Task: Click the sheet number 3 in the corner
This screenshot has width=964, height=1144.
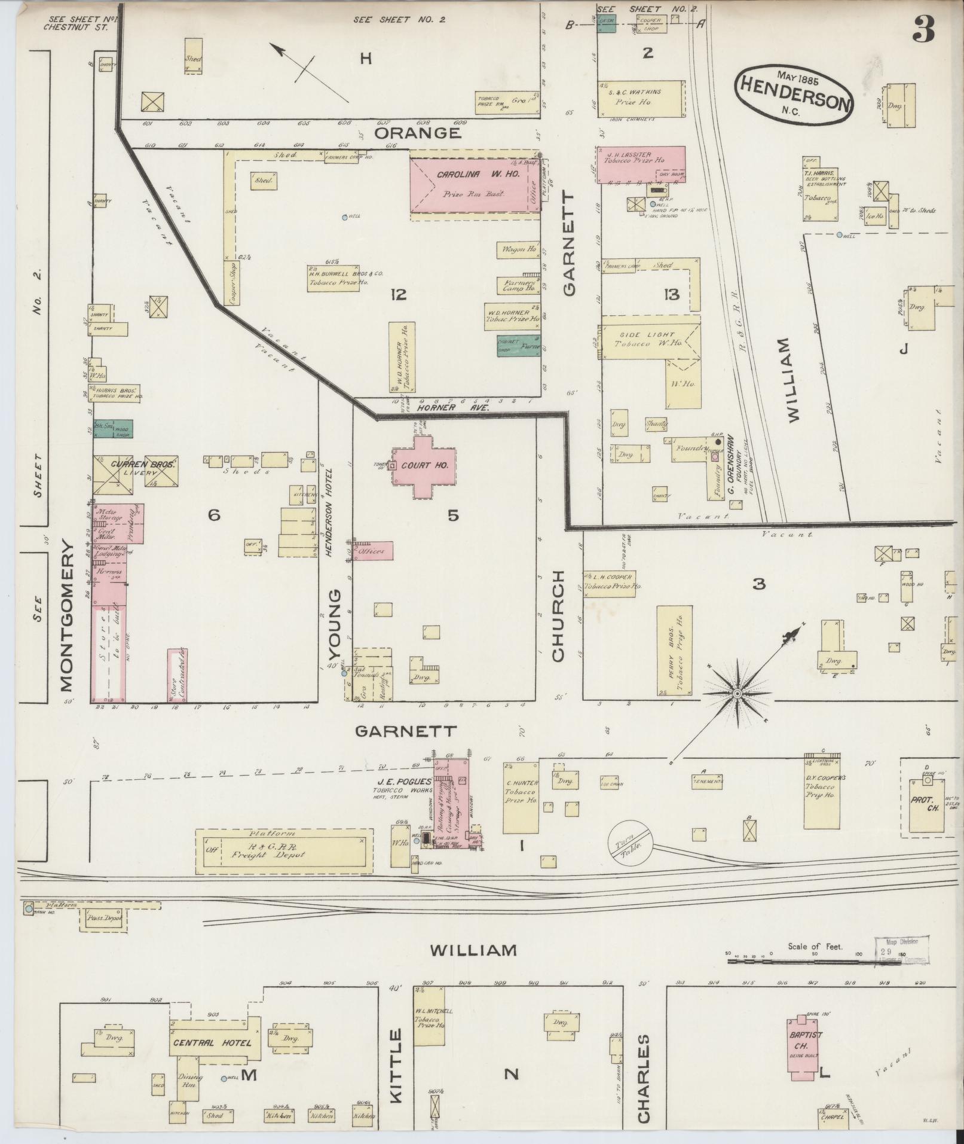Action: [924, 28]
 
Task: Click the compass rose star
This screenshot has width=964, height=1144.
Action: [737, 693]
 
